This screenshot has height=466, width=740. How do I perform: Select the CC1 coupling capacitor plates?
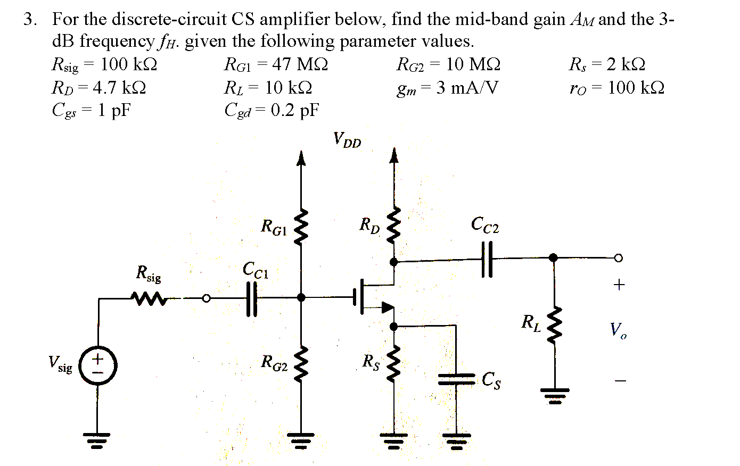pos(251,298)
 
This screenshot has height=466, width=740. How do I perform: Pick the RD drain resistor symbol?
pos(394,226)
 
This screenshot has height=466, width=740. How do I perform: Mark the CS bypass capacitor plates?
pos(456,379)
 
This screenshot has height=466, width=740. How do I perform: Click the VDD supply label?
pos(347,140)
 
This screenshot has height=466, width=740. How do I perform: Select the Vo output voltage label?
pos(618,331)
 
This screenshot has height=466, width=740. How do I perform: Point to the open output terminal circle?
pos(618,258)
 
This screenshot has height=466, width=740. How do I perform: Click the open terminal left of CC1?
pos(208,298)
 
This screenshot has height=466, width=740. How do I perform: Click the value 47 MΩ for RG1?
pos(300,65)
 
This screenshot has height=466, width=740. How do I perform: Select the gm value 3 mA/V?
pos(467,88)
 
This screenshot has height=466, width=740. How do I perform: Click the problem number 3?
pos(29,20)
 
